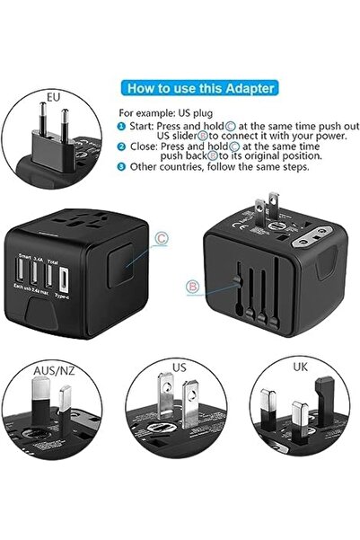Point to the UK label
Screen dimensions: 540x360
[x=301, y=366]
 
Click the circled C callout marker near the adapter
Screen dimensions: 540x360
[x=162, y=238]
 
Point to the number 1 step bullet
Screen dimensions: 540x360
[x=122, y=128]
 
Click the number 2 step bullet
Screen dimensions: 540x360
[x=122, y=146]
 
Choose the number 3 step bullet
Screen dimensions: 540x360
[x=122, y=166]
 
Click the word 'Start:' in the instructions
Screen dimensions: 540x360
[x=142, y=128]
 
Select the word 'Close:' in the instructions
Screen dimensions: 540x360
[x=143, y=146]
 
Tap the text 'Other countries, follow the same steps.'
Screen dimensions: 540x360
[x=220, y=166]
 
